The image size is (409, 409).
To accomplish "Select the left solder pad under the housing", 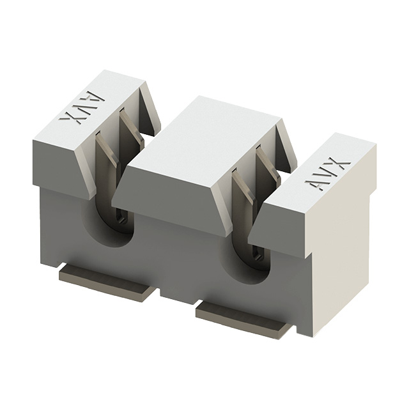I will tap(107, 282).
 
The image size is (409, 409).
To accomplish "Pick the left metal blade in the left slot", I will tap(102, 160).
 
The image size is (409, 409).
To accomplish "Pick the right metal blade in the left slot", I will tap(130, 131).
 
